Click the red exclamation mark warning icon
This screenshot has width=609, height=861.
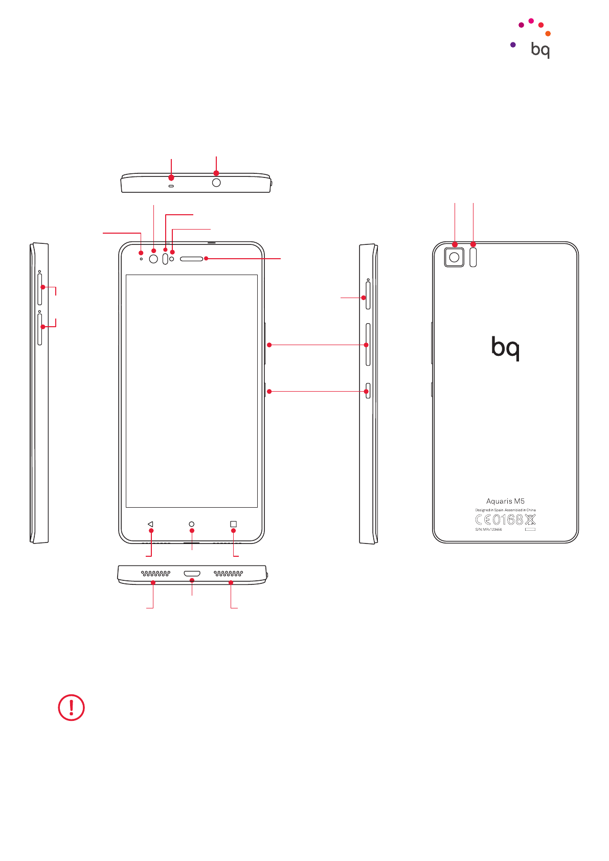pyautogui.click(x=71, y=708)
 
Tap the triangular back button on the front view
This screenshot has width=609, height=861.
pyautogui.click(x=150, y=524)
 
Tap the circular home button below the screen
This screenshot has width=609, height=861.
pyautogui.click(x=192, y=524)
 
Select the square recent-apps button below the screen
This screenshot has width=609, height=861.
pyautogui.click(x=234, y=524)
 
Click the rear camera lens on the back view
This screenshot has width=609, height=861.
pyautogui.click(x=454, y=257)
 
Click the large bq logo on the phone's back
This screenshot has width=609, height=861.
pyautogui.click(x=505, y=348)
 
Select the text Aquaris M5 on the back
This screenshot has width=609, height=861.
pyautogui.click(x=505, y=501)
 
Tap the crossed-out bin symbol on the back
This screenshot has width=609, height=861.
pyautogui.click(x=530, y=520)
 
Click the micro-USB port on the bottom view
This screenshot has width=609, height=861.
pyautogui.click(x=192, y=574)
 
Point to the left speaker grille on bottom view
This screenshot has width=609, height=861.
pyautogui.click(x=155, y=574)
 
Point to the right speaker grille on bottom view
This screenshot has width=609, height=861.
pyautogui.click(x=228, y=574)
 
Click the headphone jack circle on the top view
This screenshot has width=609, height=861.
pyautogui.click(x=216, y=183)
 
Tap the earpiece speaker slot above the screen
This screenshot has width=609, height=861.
pyautogui.click(x=192, y=259)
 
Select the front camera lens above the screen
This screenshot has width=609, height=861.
pyautogui.click(x=153, y=259)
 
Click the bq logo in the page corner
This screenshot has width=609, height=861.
pyautogui.click(x=539, y=50)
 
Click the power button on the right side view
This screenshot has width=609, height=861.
pyautogui.click(x=368, y=391)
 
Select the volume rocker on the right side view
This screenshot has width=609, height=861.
pyautogui.click(x=368, y=344)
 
